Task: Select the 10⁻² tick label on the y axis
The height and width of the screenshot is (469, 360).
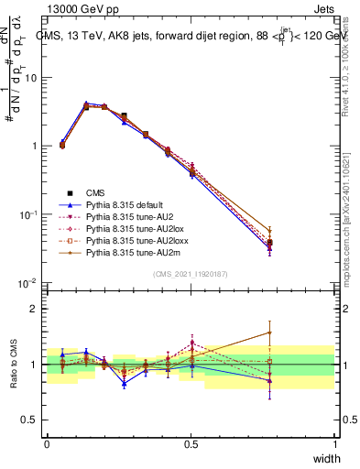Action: (x=29, y=283)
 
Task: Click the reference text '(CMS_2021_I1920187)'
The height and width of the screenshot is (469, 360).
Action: (x=191, y=273)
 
